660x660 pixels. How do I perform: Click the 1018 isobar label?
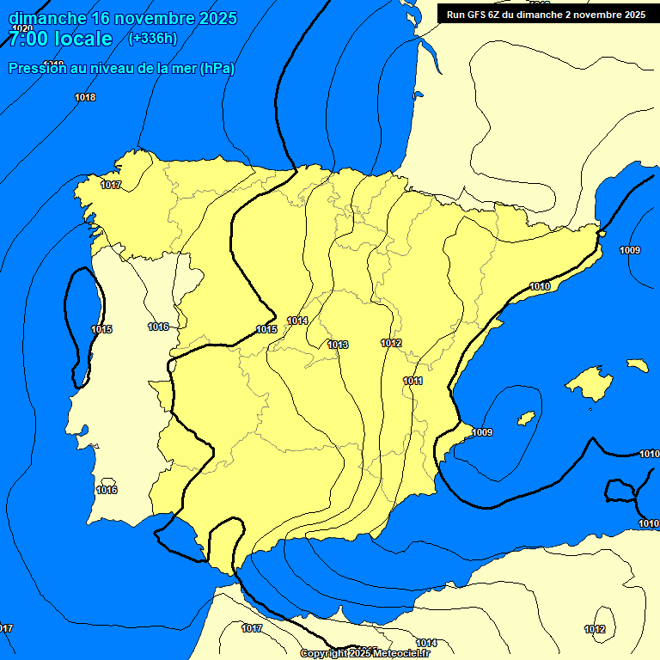pos(85,97)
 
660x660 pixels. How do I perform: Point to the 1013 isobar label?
pos(338,345)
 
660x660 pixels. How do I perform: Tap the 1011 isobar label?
pos(412,381)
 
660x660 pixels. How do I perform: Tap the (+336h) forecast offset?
pos(152,38)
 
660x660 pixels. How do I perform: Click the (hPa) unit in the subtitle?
pos(217,69)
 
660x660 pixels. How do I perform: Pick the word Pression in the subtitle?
pos(35,69)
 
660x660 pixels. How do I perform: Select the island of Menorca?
pos(637,365)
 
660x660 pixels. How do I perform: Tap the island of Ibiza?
pos(526,419)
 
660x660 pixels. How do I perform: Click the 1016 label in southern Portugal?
pos(107,490)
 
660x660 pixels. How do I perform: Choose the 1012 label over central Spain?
pos(391,343)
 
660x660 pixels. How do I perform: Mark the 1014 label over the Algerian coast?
pos(426,643)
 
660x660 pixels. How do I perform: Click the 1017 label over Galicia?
pos(111,185)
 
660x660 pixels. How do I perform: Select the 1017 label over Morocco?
pos(251,628)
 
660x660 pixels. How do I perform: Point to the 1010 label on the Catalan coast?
pos(540,286)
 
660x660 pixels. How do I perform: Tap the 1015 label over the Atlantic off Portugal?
pos(101,329)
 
